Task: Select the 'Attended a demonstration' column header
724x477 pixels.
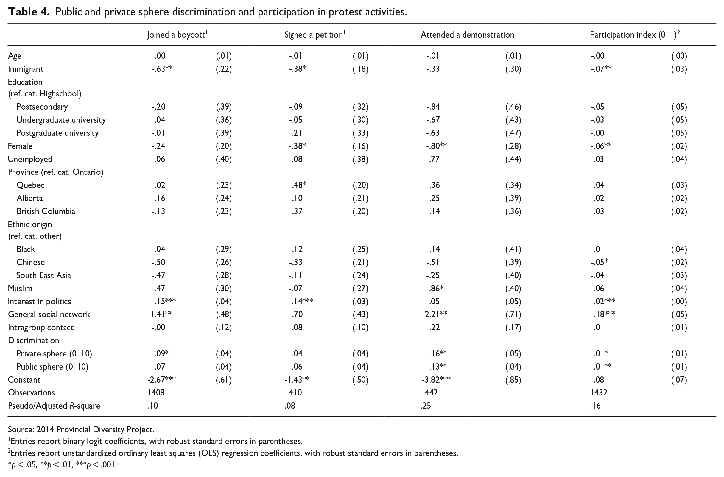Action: tap(468, 35)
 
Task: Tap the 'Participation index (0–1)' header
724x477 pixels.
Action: tap(635, 35)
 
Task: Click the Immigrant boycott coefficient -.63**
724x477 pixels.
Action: tap(162, 69)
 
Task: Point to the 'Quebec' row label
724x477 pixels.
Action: tap(30, 185)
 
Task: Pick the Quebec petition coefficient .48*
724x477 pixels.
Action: tap(299, 185)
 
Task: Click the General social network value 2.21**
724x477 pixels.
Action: tap(436, 314)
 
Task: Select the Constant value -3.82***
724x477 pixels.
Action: tap(436, 380)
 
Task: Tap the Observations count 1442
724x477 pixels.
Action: tap(429, 392)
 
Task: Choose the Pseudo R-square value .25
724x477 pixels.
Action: tap(426, 406)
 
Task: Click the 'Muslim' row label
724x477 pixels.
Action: tap(20, 288)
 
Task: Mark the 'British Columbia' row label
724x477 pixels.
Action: tap(46, 211)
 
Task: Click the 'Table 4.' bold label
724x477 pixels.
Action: tap(28, 12)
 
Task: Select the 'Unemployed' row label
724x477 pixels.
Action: tap(30, 159)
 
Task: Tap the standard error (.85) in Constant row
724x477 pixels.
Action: tap(513, 380)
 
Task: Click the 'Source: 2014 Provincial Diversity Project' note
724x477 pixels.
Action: tap(81, 430)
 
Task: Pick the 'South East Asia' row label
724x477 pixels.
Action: tap(43, 275)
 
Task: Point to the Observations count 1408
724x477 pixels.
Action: tap(156, 392)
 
